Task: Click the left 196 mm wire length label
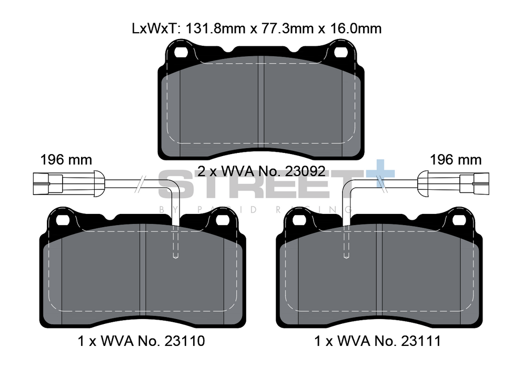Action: pyautogui.click(x=66, y=159)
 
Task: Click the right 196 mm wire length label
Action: pyautogui.click(x=455, y=159)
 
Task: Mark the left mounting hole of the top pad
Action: pyautogui.click(x=181, y=52)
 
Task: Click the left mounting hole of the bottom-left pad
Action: pyautogui.click(x=63, y=219)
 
